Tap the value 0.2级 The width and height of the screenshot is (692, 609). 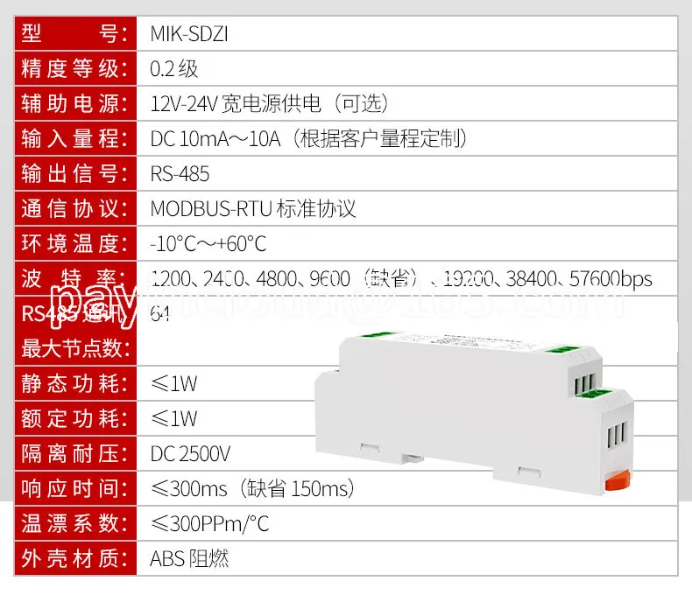coord(174,69)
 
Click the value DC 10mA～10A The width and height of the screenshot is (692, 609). coord(215,139)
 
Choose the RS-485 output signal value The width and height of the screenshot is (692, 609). coord(180,174)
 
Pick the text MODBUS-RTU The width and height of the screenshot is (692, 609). coord(210,209)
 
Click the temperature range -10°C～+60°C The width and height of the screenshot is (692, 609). coord(208,244)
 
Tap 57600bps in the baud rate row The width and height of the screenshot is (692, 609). coord(611,279)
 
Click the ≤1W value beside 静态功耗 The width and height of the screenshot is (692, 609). coord(173,383)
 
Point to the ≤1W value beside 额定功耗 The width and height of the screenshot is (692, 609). coord(173,418)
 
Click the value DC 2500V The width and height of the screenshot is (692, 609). coord(190,453)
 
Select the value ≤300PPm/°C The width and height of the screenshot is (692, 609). coord(209,523)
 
